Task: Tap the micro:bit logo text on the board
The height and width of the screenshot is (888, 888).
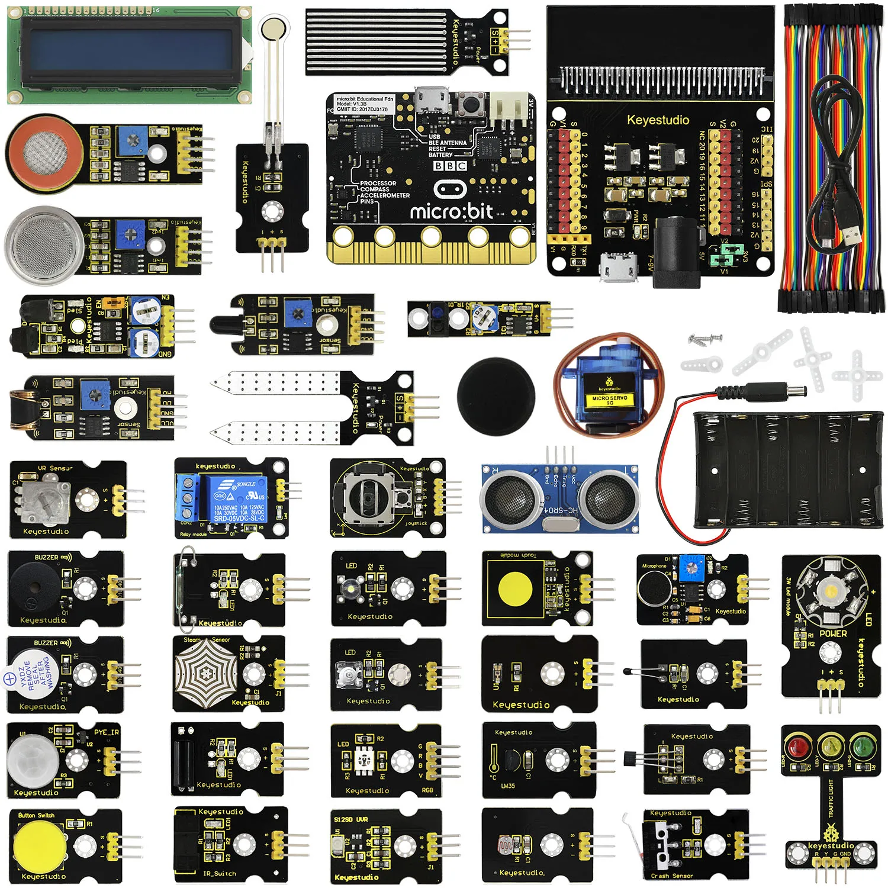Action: click(451, 211)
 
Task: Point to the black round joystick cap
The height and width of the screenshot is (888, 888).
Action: click(496, 395)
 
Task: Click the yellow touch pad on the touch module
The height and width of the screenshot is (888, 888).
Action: click(519, 588)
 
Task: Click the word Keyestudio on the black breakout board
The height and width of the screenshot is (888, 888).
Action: click(658, 120)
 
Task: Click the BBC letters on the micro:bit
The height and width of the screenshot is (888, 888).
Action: click(451, 166)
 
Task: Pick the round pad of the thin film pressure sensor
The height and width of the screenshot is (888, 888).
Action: click(274, 28)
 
